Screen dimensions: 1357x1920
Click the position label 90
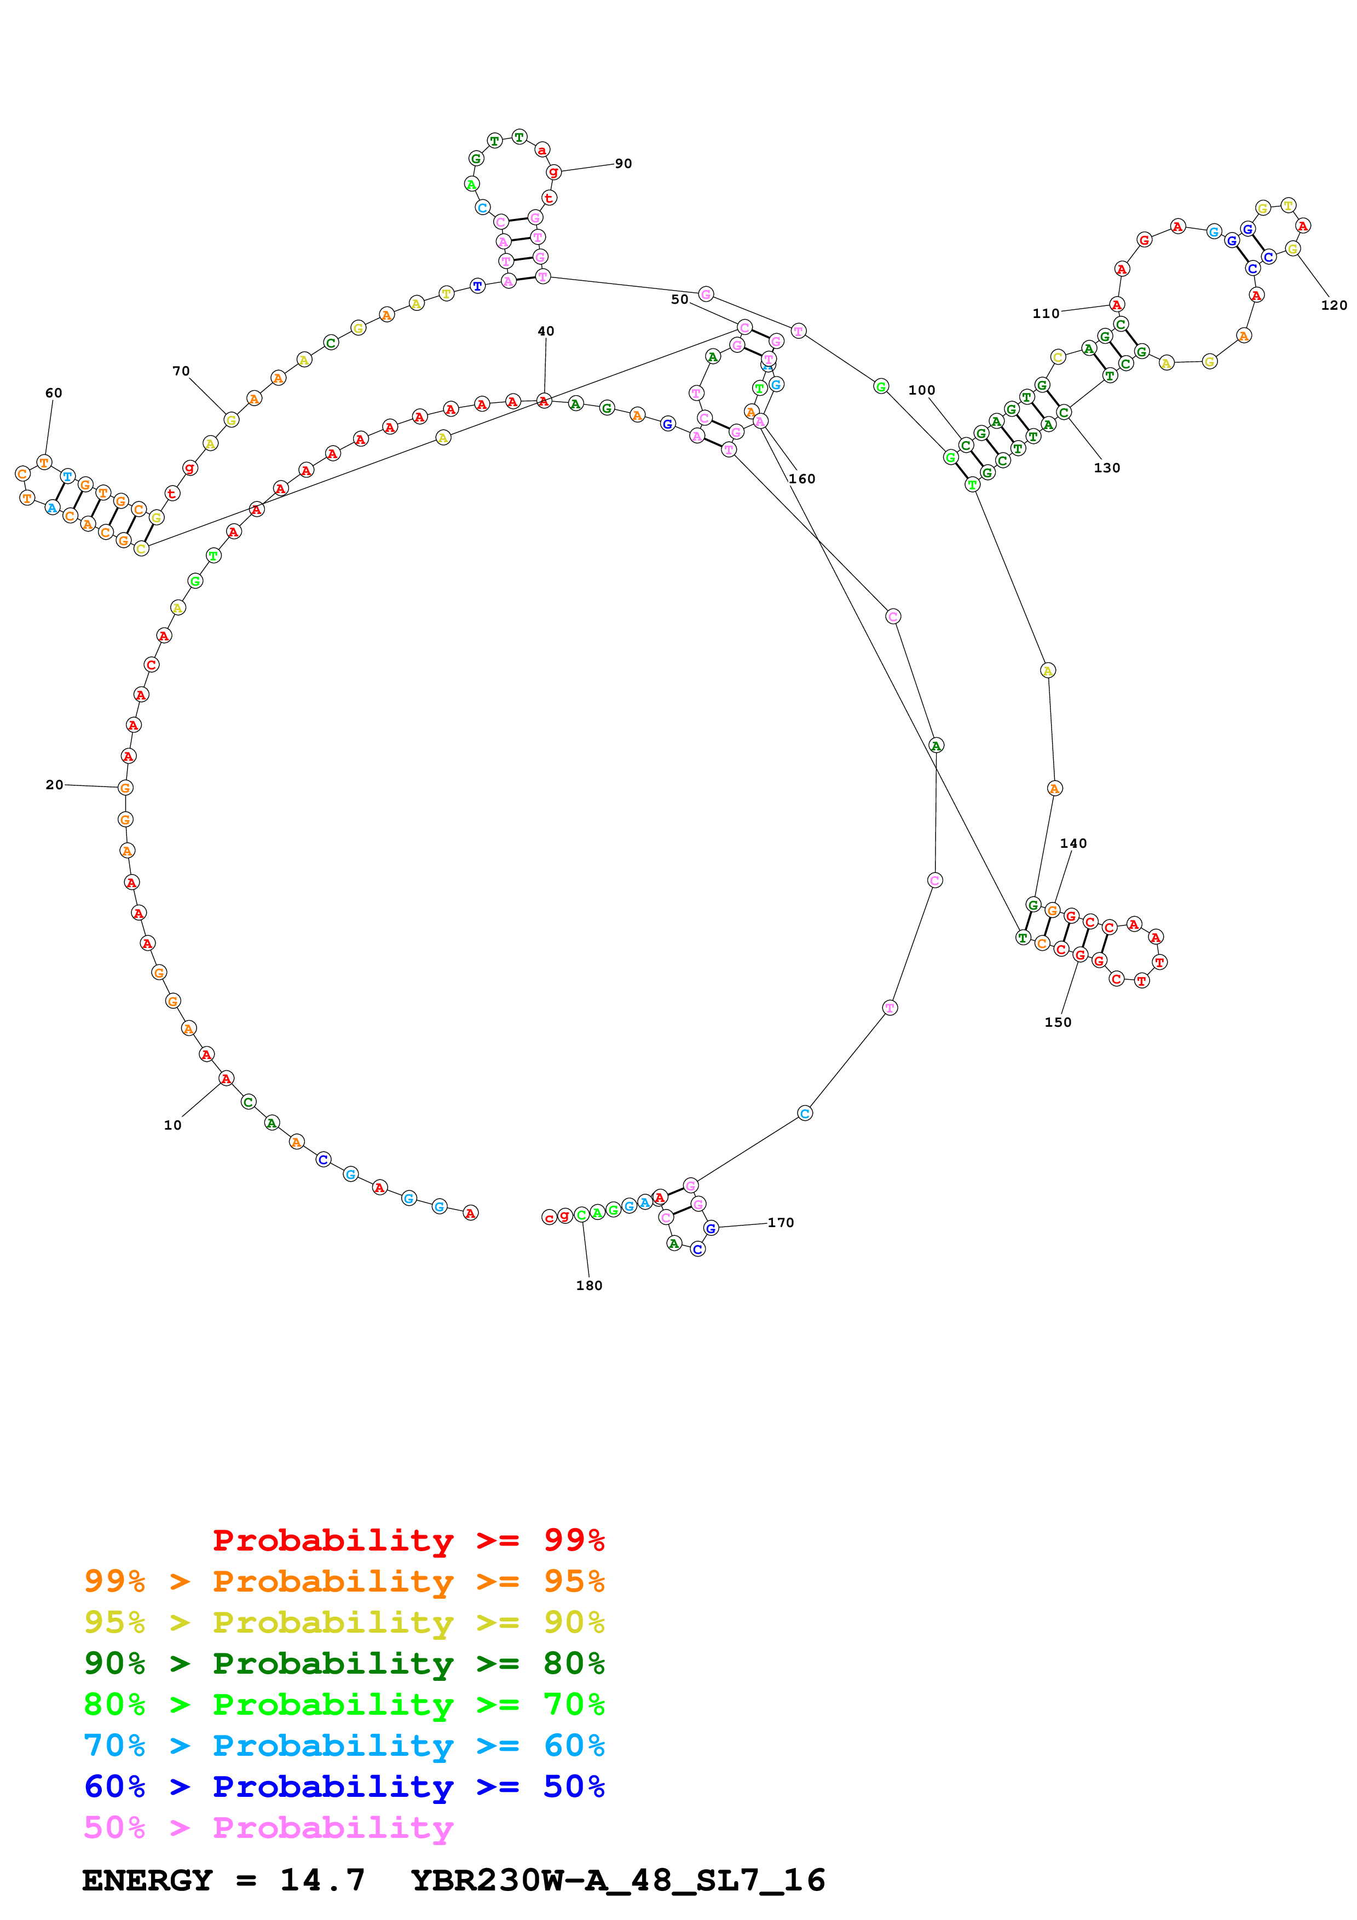pos(623,164)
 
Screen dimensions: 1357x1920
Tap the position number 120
pos(1333,305)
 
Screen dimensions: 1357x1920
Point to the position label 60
pos(54,393)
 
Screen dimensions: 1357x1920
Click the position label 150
pos(1058,1022)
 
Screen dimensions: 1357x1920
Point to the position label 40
pos(546,331)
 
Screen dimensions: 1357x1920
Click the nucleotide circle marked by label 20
pos(125,787)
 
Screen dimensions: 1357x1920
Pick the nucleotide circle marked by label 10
pos(226,1079)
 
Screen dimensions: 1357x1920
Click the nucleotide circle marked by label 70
pos(232,420)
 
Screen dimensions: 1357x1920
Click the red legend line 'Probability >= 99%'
pos(408,1540)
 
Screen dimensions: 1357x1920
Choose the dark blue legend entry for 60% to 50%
pos(344,1786)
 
